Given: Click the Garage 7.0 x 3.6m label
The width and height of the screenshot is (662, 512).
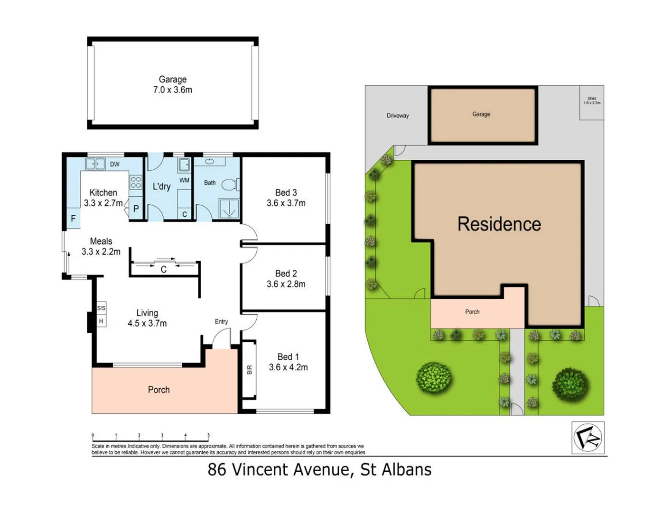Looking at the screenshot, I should tap(172, 85).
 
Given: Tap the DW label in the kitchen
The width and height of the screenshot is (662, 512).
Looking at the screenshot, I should tap(115, 165).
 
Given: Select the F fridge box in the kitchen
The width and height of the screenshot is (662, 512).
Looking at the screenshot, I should tap(74, 219).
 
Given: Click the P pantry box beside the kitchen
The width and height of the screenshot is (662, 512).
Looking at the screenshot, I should tap(136, 209).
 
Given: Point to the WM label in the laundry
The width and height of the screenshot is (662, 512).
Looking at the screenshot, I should tap(184, 180).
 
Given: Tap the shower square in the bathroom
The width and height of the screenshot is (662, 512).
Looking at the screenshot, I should tap(229, 208).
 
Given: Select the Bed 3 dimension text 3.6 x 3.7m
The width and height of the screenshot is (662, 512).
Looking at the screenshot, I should tap(286, 203).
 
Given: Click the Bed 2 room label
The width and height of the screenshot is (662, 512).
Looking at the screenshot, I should tap(286, 274).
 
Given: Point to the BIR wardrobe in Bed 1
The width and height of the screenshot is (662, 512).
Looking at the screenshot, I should tap(250, 369).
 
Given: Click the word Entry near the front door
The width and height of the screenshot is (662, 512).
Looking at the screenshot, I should tap(221, 321).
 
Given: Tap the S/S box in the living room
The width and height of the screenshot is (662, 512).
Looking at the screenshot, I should tap(101, 308).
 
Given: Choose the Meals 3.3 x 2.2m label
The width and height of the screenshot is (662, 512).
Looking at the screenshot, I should tap(101, 247).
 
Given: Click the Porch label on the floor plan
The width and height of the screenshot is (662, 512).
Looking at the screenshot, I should tap(159, 390).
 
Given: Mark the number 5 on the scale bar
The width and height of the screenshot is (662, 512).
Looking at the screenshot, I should tap(208, 435).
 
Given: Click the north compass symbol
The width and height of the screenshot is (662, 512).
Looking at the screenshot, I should tap(588, 437).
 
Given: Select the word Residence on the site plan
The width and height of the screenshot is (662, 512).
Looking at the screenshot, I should tap(499, 224).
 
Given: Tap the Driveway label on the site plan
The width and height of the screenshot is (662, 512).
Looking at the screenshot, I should tap(398, 116).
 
